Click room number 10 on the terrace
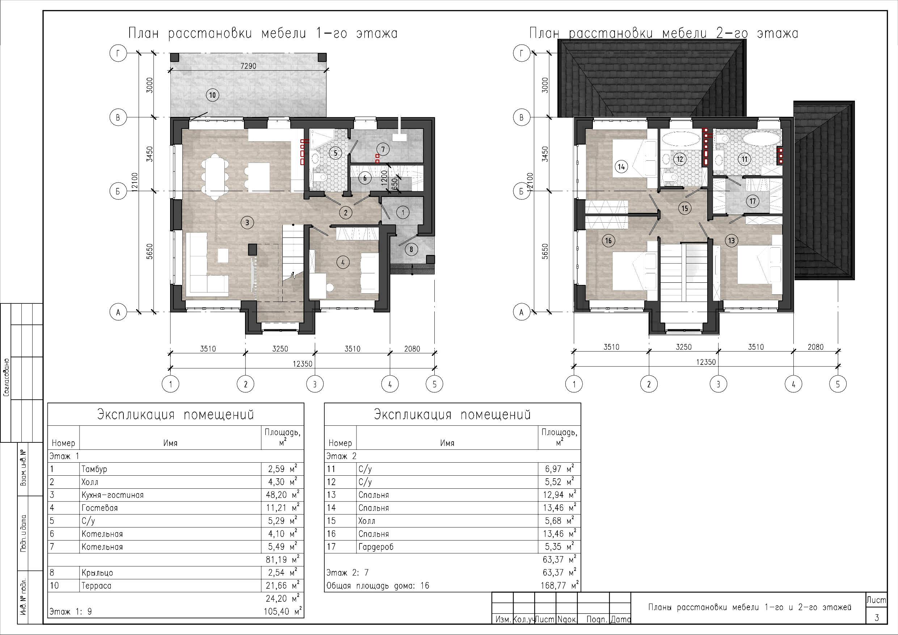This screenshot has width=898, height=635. coord(212,95)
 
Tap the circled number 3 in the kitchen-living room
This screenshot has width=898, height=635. coord(247,223)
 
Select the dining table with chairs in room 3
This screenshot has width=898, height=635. coord(214,176)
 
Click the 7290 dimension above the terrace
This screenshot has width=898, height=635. coord(248,66)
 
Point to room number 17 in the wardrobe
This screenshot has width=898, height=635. coord(752,201)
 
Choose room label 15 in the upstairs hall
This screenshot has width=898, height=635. coord(684,208)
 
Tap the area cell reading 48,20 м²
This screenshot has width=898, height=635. coord(282,495)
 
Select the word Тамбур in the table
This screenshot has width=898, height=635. coord(94,469)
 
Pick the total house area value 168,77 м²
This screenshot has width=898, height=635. coord(560,585)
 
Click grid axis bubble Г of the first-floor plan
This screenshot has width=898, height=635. coord(118,53)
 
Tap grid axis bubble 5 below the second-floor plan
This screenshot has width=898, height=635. coord(838,384)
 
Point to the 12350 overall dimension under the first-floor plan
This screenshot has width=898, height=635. coord(302,364)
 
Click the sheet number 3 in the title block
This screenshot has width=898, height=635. coord(877,617)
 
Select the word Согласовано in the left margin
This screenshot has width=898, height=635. coord(7,378)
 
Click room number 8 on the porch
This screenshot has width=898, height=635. coord(411,249)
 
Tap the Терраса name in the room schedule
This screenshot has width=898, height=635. coord(96,586)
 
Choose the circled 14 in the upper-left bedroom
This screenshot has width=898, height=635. coord(621,167)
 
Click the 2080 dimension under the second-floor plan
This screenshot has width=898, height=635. coord(815,347)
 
